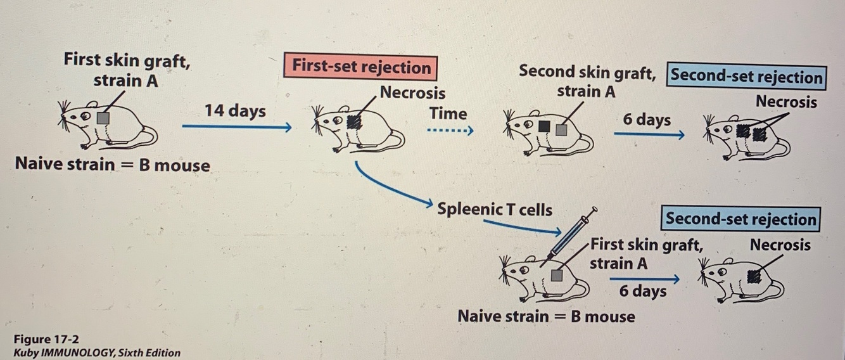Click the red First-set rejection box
(361, 67)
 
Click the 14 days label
(235, 111)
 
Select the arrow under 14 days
(236, 127)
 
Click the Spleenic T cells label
(494, 209)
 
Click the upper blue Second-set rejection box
(747, 77)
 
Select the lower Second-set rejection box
(740, 219)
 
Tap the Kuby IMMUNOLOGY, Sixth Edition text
(97, 353)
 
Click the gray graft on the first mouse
(104, 118)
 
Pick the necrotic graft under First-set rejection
(355, 120)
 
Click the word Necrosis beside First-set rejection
(412, 93)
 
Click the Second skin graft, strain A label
(587, 81)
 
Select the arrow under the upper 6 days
(648, 134)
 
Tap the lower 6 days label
(642, 292)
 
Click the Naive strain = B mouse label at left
(112, 165)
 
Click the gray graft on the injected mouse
(557, 274)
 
